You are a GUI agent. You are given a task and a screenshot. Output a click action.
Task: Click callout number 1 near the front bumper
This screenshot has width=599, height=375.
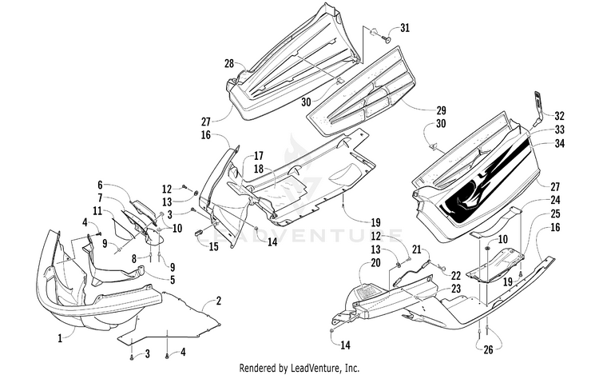[60, 338]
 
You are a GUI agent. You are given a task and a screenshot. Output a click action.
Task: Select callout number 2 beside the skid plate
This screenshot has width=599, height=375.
[218, 301]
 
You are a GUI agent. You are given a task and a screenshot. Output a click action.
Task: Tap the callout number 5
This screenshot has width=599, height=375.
[173, 280]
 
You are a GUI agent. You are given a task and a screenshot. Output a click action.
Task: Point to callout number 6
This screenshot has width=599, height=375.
[100, 186]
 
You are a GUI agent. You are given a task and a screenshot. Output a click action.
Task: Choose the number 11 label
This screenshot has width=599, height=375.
[97, 209]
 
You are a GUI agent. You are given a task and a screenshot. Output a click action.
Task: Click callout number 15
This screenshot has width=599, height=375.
[213, 246]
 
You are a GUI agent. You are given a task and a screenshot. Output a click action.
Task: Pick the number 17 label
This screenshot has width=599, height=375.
[259, 156]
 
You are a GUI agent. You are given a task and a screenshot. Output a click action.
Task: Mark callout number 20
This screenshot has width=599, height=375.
[375, 262]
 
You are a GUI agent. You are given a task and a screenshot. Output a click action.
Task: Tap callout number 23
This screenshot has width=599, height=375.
[456, 289]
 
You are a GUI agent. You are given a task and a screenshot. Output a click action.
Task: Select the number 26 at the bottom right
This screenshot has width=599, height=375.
[488, 349]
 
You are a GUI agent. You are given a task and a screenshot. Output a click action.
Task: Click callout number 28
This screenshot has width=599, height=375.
[229, 63]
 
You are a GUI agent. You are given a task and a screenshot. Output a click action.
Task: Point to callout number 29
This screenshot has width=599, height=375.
[441, 110]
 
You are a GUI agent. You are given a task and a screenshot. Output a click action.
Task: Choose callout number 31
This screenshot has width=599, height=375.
[405, 28]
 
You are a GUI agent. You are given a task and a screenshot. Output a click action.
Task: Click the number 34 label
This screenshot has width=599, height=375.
[559, 144]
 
